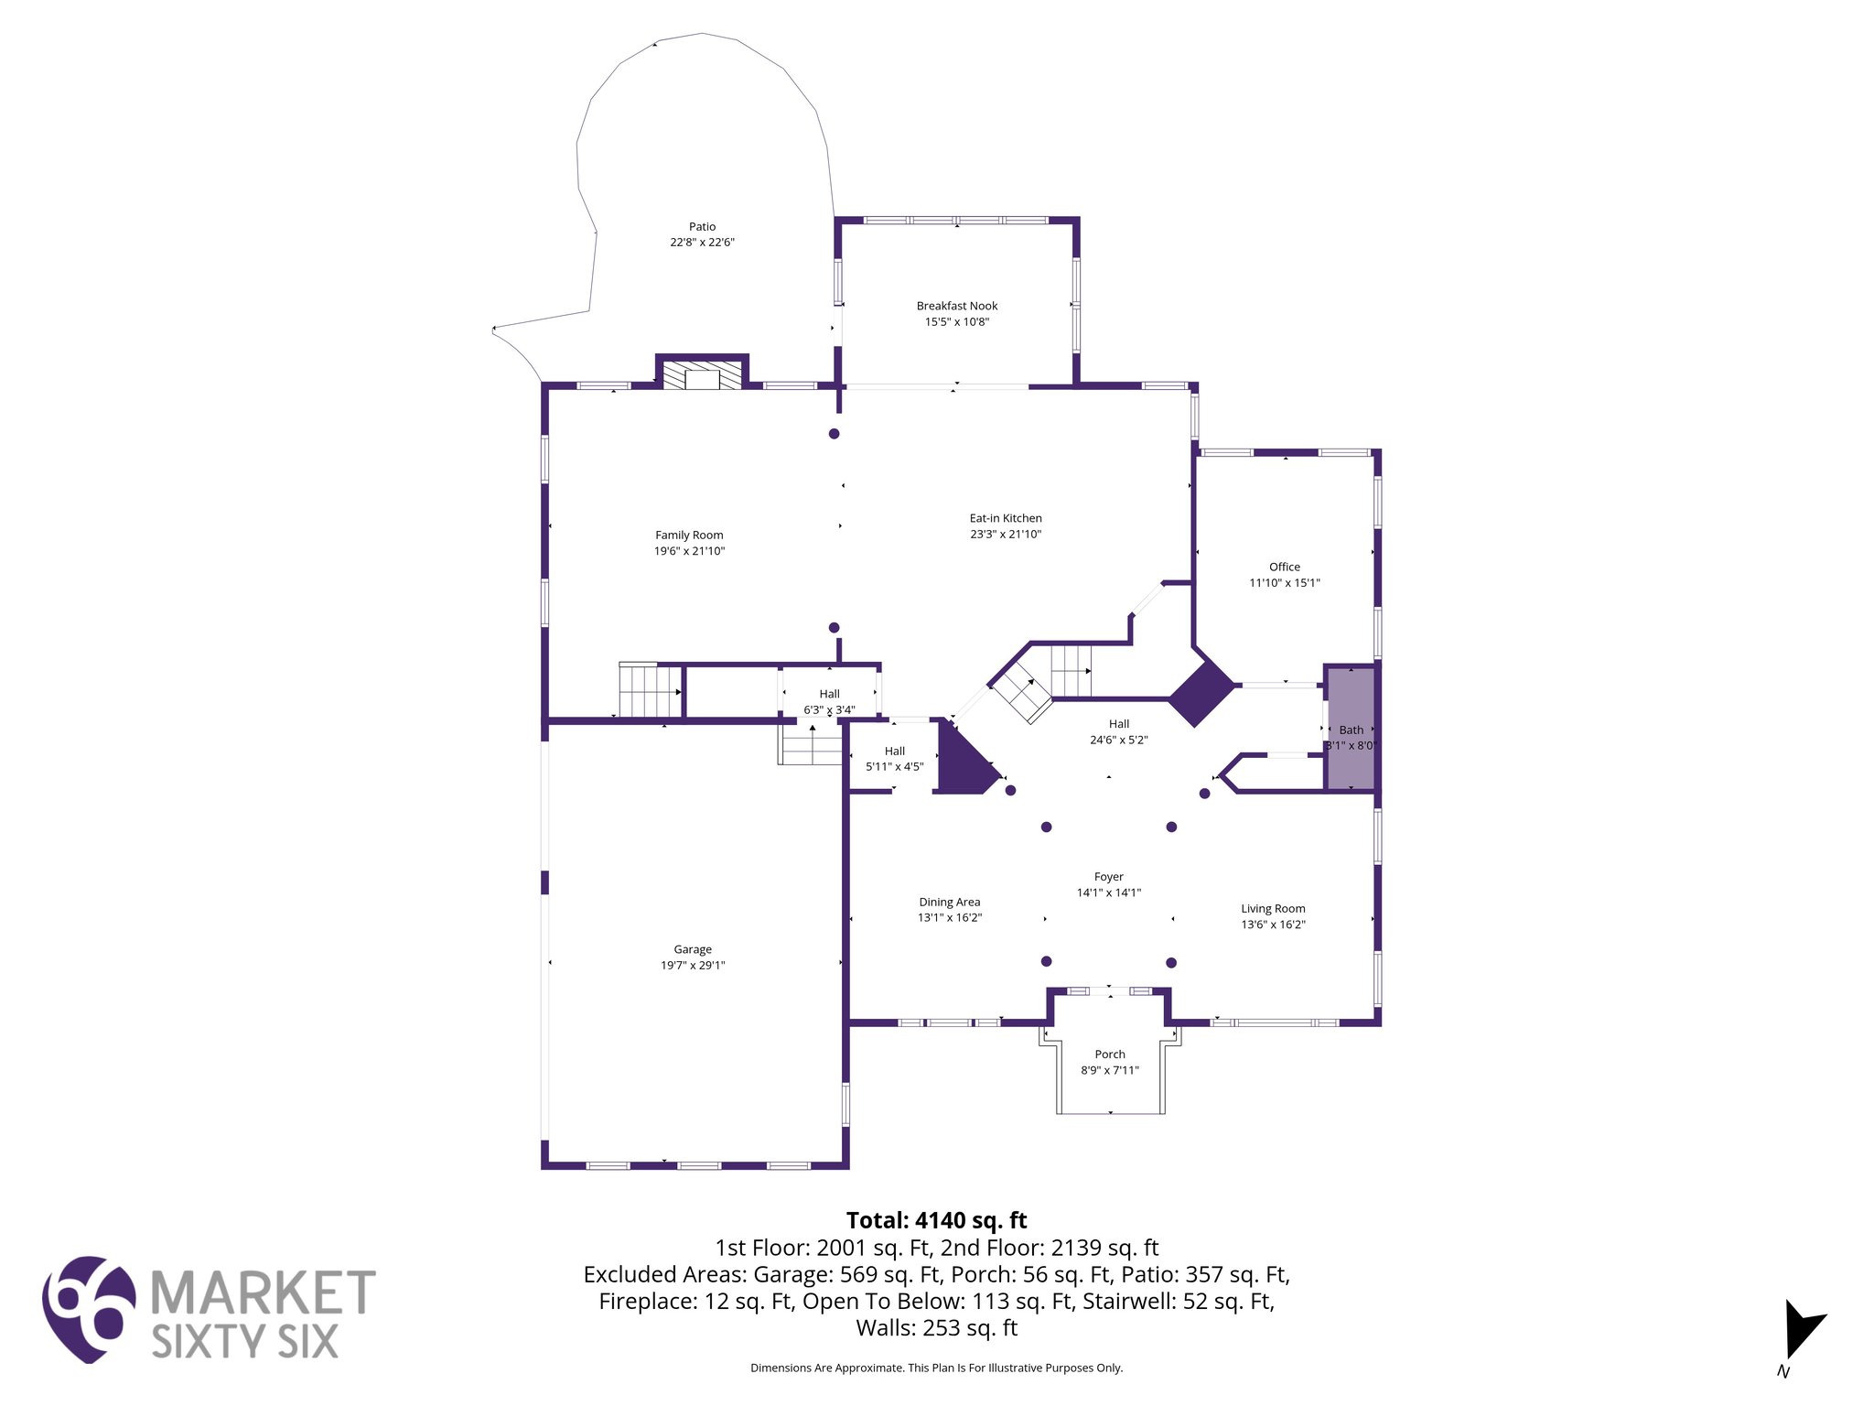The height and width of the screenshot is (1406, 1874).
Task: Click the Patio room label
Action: tap(702, 227)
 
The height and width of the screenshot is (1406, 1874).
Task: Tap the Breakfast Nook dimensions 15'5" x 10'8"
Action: tap(956, 322)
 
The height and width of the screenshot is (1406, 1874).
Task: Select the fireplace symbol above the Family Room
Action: tap(702, 376)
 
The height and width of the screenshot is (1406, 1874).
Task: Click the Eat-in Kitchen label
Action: tap(1006, 518)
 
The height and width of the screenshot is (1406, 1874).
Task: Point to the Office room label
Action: tap(1284, 567)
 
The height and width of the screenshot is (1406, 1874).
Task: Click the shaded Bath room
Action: tap(1351, 730)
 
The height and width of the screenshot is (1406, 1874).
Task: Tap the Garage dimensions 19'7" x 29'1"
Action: tap(693, 966)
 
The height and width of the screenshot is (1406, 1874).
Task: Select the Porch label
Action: tap(1110, 1054)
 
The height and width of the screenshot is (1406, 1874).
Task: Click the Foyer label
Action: tap(1108, 877)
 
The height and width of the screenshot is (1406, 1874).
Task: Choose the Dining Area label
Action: tap(949, 902)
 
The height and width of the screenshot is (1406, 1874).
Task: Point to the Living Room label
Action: tap(1273, 909)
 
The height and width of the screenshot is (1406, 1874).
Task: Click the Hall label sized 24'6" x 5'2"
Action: tap(1118, 724)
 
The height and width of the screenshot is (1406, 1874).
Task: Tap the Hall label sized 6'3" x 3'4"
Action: tap(829, 694)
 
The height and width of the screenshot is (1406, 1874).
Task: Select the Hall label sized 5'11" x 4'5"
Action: tap(894, 752)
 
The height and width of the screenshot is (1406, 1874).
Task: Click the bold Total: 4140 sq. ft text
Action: tap(936, 1220)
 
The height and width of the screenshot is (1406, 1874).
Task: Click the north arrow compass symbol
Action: tap(1800, 1332)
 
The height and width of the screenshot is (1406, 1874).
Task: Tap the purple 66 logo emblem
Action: tap(89, 1309)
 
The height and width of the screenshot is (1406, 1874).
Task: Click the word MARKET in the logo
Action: tap(263, 1292)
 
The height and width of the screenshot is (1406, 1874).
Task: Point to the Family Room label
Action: tap(689, 535)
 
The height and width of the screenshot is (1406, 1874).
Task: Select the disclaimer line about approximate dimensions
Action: tap(936, 1368)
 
